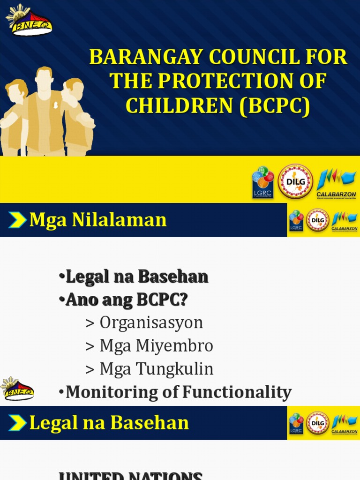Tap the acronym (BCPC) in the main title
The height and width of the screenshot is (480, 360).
point(275,106)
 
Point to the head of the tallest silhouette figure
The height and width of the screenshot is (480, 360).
point(44,79)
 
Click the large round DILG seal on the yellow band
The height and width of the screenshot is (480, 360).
point(295,181)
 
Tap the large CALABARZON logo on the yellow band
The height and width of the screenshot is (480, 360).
point(336,183)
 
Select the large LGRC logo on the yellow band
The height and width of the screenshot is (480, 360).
point(263,182)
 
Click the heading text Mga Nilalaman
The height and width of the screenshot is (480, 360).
point(98,219)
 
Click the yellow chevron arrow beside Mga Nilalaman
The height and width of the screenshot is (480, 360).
point(17,220)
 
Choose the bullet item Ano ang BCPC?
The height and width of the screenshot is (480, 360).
point(127,300)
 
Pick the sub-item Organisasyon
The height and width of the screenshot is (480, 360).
point(151,323)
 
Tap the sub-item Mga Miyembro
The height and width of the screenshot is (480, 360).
point(156,346)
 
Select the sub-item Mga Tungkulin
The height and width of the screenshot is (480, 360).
point(156,369)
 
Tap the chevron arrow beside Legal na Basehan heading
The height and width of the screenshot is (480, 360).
point(17,423)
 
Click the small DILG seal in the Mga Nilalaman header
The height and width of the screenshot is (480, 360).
point(317,220)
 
